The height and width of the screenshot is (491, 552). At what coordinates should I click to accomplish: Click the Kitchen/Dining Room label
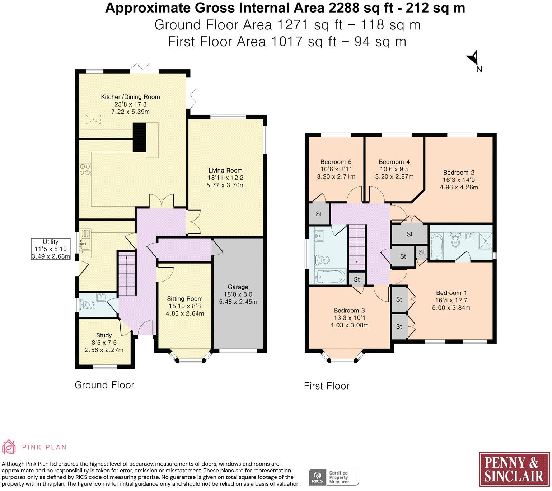[x=130, y=97]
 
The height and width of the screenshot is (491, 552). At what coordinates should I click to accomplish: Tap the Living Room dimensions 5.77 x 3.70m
[x=225, y=185]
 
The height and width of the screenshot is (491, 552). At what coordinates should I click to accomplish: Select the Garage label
[x=238, y=287]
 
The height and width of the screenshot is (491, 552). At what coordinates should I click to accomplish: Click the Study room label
[x=104, y=335]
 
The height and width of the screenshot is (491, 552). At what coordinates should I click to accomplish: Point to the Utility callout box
[x=51, y=249]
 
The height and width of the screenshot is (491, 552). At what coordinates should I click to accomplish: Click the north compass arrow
[x=473, y=58]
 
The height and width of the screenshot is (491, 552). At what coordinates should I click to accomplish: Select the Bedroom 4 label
[x=394, y=162]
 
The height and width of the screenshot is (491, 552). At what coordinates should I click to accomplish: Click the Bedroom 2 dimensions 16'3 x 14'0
[x=459, y=180]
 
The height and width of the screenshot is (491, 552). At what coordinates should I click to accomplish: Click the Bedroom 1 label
[x=451, y=293]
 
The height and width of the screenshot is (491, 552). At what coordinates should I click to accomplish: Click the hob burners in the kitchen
[x=85, y=170]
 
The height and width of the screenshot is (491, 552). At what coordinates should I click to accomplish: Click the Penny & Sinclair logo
[x=514, y=470]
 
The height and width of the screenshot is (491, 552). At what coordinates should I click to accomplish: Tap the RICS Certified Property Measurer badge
[x=334, y=477]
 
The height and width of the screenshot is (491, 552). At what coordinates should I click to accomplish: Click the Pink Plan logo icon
[x=9, y=447]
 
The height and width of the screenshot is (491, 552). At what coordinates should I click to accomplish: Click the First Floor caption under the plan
[x=326, y=386]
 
